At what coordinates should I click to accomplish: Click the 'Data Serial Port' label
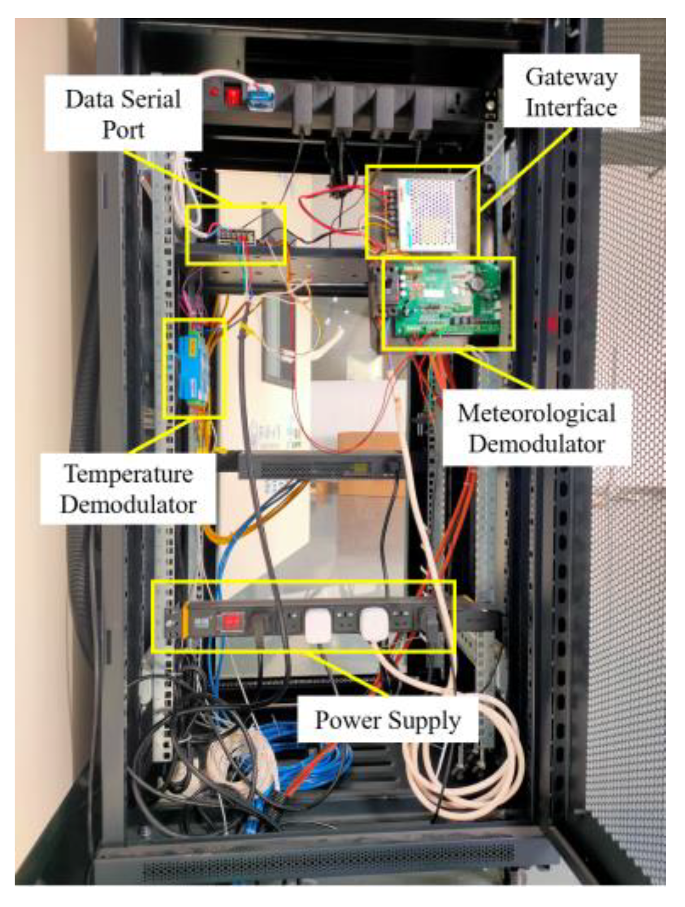click(123, 114)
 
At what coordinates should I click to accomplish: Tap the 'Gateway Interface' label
click(571, 92)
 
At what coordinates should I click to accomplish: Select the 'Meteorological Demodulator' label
click(536, 427)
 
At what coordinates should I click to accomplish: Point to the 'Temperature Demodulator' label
click(128, 488)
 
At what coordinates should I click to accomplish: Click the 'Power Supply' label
click(388, 720)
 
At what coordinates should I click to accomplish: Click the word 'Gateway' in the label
click(571, 77)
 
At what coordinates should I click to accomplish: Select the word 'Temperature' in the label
click(128, 474)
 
